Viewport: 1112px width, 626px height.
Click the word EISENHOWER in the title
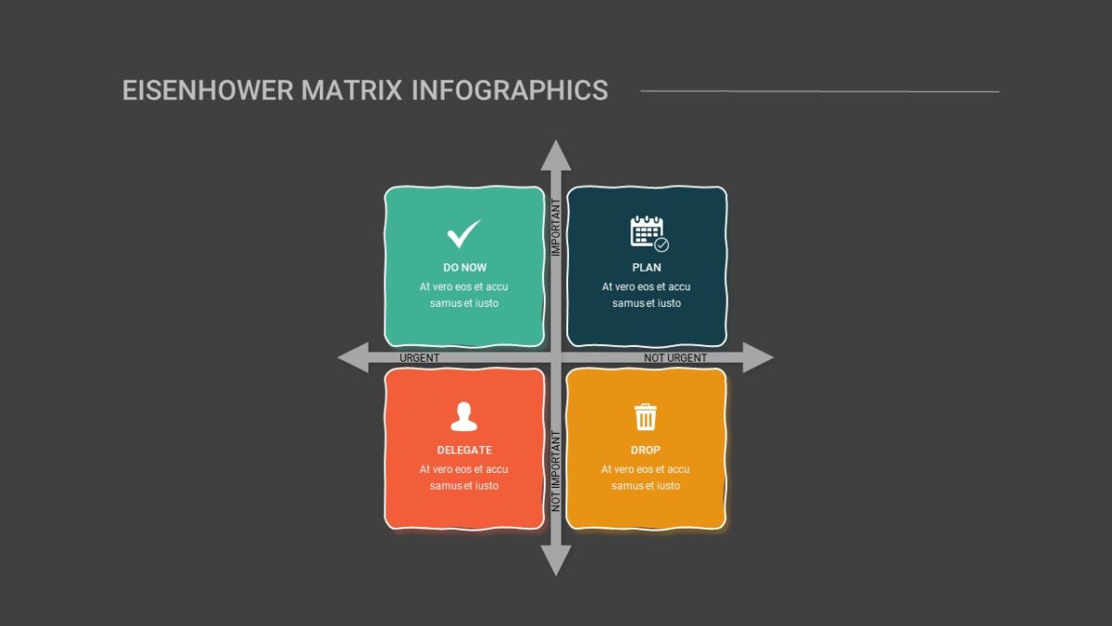coord(208,91)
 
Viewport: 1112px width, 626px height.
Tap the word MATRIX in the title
coord(351,91)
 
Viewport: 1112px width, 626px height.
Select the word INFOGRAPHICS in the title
coord(510,91)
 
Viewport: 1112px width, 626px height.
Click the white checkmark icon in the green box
coord(463,234)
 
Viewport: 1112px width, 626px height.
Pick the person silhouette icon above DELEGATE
coord(463,416)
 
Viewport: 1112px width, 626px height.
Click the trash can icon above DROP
coord(645,416)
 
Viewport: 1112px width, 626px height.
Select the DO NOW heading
coord(464,267)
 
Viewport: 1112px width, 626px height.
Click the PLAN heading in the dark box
coord(647,267)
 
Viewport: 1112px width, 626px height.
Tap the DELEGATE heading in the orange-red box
coord(464,450)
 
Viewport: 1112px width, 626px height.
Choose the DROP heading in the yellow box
coord(645,450)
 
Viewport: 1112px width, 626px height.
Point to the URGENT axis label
coord(420,358)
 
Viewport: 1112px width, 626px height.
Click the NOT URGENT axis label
coord(676,358)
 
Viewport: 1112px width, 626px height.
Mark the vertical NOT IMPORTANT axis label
coord(556,471)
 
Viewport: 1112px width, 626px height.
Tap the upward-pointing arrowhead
coord(555,155)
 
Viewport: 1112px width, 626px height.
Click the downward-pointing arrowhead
coord(555,561)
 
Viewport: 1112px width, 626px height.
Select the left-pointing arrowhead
coord(353,357)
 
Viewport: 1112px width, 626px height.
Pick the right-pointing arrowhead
coord(758,357)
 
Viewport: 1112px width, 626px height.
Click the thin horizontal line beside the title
coord(819,92)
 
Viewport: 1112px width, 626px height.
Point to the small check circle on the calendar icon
coord(662,245)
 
